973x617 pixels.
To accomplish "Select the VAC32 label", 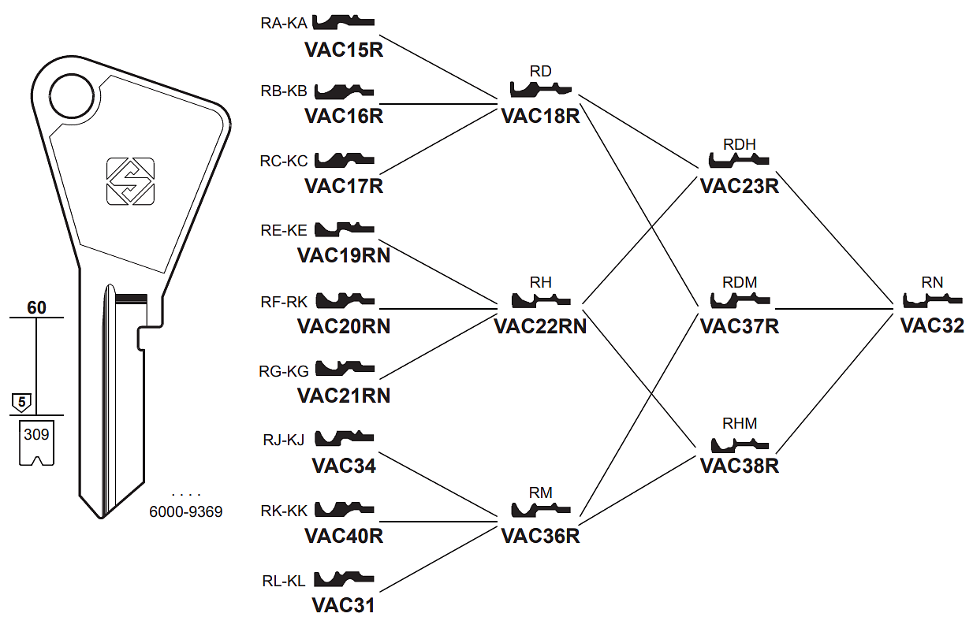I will [932, 325].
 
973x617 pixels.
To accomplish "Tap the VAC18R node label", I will [540, 117].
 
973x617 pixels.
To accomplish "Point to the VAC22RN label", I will [540, 325].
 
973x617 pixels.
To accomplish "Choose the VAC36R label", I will [540, 536].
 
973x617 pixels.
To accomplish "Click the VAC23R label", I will [739, 187].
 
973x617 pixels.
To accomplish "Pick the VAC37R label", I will [739, 325].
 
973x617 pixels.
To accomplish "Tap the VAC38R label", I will [739, 466].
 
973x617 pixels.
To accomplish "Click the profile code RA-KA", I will [284, 23].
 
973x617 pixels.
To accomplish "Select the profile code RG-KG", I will [284, 371].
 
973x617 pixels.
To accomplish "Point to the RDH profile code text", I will [739, 144].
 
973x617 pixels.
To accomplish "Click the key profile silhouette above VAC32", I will [932, 300].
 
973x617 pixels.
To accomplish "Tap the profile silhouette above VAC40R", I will [345, 510].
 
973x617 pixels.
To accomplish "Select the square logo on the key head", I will [130, 181].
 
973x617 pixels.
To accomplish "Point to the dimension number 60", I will [36, 307].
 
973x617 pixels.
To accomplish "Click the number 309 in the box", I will [36, 433].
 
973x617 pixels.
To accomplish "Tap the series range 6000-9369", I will [186, 512].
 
